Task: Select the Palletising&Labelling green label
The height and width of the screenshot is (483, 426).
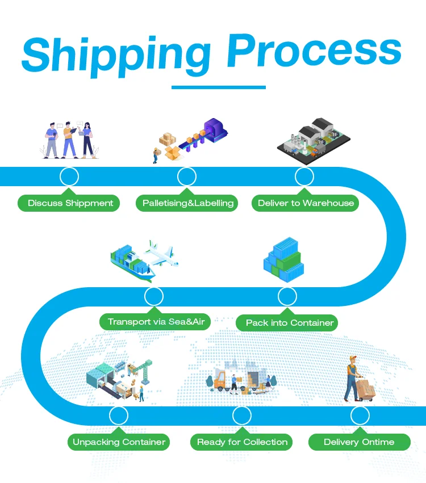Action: pos(188,203)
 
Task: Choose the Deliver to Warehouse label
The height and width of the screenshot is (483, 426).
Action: pos(306,203)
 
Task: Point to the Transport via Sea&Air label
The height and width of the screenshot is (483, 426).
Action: pos(156,321)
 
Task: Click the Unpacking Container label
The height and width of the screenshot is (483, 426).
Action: pos(119,442)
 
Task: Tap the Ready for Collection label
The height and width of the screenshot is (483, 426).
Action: pos(243,442)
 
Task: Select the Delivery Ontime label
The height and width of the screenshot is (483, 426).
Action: pos(359,442)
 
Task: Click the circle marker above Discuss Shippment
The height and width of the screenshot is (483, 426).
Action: pos(69,177)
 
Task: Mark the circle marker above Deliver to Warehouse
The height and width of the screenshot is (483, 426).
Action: pos(304,177)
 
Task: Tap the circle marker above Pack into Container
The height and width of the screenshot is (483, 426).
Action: pos(287,296)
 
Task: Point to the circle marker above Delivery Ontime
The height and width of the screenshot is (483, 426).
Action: pos(360,415)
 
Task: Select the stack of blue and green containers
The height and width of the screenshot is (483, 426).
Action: pos(284,260)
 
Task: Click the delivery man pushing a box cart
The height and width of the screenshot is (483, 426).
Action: pos(359,380)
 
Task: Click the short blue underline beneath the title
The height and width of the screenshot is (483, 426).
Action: pos(218,87)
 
